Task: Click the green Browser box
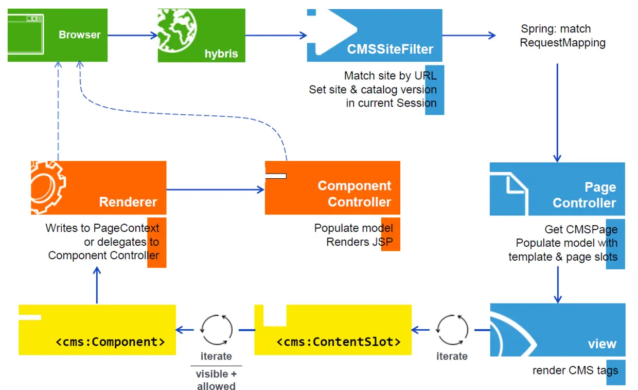pyautogui.click(x=58, y=35)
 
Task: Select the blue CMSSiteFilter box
pyautogui.click(x=374, y=36)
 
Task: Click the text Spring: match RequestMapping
pyautogui.click(x=562, y=36)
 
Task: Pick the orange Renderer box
pyautogui.click(x=98, y=188)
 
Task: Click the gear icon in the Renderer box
pyautogui.click(x=47, y=186)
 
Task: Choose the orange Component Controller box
pyautogui.click(x=332, y=188)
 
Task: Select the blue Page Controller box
pyautogui.click(x=557, y=189)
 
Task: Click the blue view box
pyautogui.click(x=558, y=330)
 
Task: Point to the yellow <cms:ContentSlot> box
pyautogui.click(x=333, y=330)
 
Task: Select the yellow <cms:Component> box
pyautogui.click(x=97, y=330)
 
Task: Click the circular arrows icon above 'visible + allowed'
pyautogui.click(x=216, y=330)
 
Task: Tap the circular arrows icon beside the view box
pyautogui.click(x=452, y=330)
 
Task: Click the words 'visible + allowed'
pyautogui.click(x=216, y=380)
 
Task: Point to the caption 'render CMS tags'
pyautogui.click(x=575, y=370)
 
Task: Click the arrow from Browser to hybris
pyautogui.click(x=132, y=35)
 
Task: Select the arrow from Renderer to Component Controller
pyautogui.click(x=215, y=190)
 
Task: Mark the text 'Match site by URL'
pyautogui.click(x=390, y=76)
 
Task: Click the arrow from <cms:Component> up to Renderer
pyautogui.click(x=97, y=286)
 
